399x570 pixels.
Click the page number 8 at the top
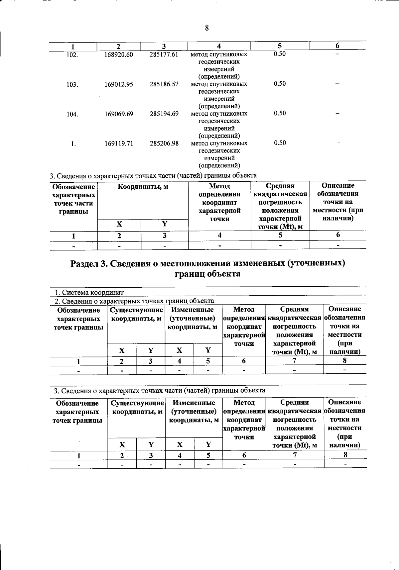coord(206,28)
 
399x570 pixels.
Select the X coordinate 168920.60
coord(119,54)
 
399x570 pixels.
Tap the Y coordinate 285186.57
coord(164,84)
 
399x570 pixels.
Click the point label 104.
coord(72,114)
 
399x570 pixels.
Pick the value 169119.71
coord(119,143)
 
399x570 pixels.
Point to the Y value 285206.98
coord(164,143)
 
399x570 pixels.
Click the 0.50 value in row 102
coord(280,54)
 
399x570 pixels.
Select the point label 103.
coord(72,85)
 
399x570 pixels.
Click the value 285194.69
coord(164,114)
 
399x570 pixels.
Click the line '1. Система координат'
coord(89,292)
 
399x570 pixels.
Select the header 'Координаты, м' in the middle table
coord(143,187)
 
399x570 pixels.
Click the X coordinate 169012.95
coord(119,84)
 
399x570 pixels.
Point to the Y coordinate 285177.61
coord(164,54)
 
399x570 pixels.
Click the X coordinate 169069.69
coord(119,114)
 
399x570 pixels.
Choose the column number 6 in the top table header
coord(337,46)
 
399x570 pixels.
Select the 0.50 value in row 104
coord(280,113)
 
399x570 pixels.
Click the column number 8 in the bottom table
coord(345,454)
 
